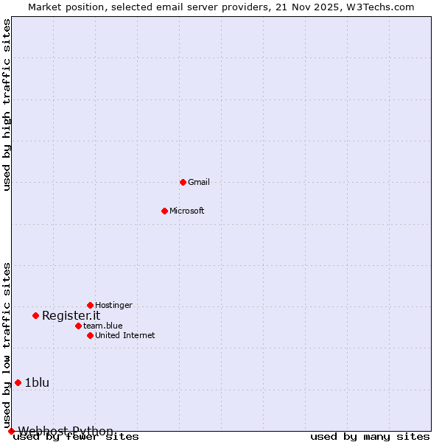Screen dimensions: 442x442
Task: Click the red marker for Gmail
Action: [x=183, y=182]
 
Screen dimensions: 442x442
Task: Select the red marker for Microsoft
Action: [x=164, y=211]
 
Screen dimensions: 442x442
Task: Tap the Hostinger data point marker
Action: [x=90, y=305]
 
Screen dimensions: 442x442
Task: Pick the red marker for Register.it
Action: [x=35, y=315]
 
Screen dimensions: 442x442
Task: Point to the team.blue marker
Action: [x=78, y=326]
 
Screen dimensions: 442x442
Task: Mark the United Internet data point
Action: [x=90, y=335]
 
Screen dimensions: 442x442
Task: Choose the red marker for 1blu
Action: [x=18, y=382]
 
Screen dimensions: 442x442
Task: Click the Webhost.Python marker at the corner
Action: [x=11, y=431]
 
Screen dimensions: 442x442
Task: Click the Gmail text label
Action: [x=199, y=182]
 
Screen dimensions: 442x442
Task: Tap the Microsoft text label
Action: [x=187, y=211]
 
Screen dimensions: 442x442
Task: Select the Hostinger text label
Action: [x=114, y=305]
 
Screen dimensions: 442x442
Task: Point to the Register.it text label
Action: [x=71, y=315]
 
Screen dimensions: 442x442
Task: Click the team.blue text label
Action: [x=103, y=326]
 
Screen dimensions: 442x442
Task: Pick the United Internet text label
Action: [x=125, y=335]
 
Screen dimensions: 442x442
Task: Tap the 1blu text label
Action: [x=37, y=382]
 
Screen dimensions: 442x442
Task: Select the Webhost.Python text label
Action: [x=66, y=431]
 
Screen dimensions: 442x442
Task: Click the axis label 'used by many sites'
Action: [x=370, y=436]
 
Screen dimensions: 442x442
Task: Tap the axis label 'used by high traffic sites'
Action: [x=7, y=105]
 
